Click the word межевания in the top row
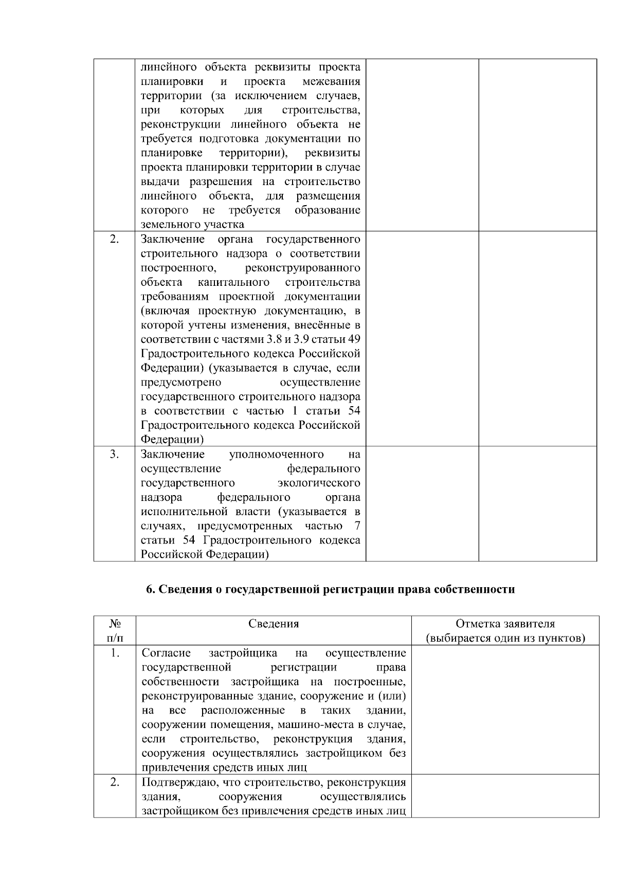[331, 82]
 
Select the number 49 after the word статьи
[354, 339]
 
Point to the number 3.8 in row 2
[287, 339]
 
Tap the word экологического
[319, 483]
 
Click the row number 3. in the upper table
[114, 454]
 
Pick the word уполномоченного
[276, 454]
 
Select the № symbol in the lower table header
[115, 624]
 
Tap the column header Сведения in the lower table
[274, 624]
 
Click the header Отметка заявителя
[505, 624]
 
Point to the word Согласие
[166, 653]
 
